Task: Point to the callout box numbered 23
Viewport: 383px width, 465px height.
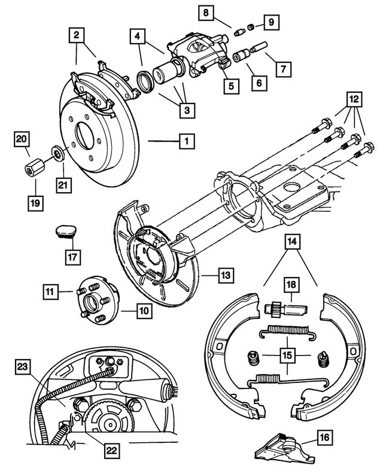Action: point(23,366)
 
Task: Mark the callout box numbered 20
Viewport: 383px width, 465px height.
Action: point(23,140)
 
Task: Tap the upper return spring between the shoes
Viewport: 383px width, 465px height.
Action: point(285,330)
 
